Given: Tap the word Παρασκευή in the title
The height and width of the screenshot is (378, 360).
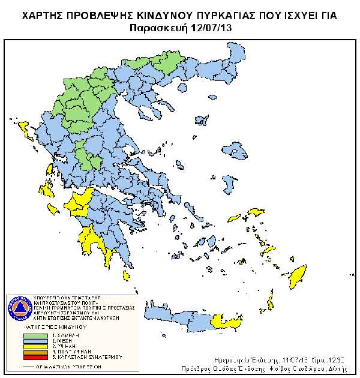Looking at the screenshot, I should point(158,28).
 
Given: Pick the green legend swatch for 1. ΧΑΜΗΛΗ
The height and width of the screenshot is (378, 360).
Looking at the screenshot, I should point(37,334).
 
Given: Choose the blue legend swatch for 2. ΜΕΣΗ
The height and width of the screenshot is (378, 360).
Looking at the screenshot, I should point(37,340).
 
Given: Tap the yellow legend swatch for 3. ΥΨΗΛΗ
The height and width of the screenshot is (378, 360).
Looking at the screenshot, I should point(37,346).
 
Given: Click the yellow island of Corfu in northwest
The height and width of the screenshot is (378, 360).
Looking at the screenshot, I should point(25,128).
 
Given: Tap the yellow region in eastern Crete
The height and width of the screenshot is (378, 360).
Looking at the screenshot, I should point(226,325).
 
